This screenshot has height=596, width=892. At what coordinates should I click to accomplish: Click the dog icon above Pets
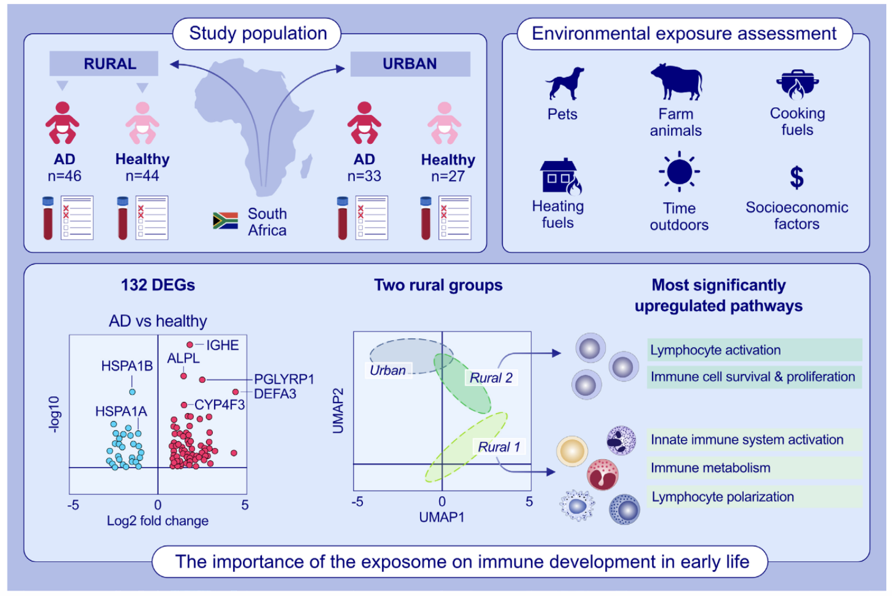point(564,84)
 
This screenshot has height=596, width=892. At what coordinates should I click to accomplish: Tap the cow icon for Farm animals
point(676,82)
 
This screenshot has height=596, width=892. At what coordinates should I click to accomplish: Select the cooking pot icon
point(797,85)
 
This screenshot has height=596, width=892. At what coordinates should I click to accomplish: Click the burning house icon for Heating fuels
point(560,176)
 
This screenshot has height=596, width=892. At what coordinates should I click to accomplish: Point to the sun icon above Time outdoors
point(679,172)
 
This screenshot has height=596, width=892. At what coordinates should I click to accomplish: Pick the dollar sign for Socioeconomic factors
point(797,177)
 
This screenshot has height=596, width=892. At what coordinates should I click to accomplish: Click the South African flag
point(225,221)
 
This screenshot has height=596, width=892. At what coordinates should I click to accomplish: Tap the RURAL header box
point(104,64)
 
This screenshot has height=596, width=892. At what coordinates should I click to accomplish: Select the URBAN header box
point(410,64)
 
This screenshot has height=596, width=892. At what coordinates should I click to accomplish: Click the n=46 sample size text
point(65,176)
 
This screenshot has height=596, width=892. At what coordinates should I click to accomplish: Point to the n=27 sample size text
point(448,176)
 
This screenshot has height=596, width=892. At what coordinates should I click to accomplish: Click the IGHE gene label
point(222,345)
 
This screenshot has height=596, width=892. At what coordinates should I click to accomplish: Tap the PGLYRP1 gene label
point(284,379)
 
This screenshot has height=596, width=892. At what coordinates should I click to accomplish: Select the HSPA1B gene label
point(127,366)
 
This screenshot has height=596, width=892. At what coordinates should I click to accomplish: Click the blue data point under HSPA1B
point(132,392)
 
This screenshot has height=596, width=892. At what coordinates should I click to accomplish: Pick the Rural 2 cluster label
point(491,378)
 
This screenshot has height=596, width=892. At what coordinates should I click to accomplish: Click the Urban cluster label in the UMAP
point(388,370)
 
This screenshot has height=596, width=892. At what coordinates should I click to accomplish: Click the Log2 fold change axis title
point(158,520)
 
